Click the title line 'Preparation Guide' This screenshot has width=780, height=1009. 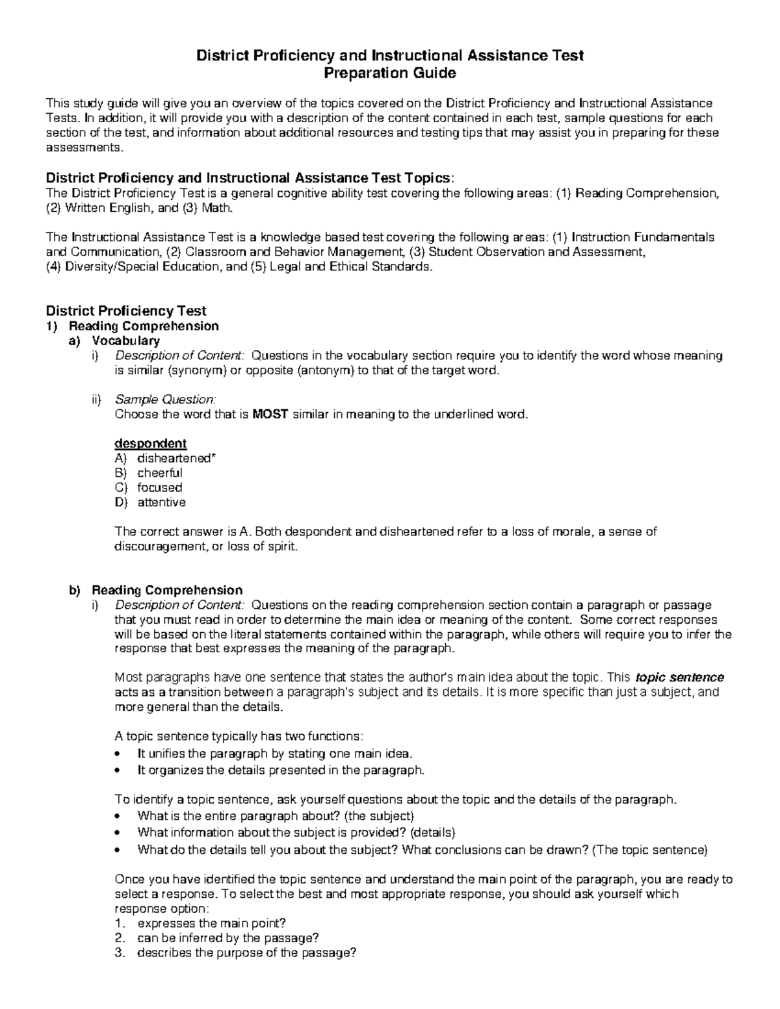390,73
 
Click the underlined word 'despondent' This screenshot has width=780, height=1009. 150,443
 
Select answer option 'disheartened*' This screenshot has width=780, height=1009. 176,458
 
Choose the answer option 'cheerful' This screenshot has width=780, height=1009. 159,473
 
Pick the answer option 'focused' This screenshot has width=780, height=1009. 159,487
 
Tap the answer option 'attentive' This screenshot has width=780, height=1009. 161,502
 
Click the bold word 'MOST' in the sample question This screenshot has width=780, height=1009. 270,414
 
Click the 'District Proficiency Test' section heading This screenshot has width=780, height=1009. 126,311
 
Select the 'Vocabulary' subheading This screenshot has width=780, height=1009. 125,340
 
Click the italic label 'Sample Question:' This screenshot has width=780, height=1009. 165,399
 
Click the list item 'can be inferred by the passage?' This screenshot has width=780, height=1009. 227,938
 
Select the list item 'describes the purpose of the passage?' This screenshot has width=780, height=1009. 247,953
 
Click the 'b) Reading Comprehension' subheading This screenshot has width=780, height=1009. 166,590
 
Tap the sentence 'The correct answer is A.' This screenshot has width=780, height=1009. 181,531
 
